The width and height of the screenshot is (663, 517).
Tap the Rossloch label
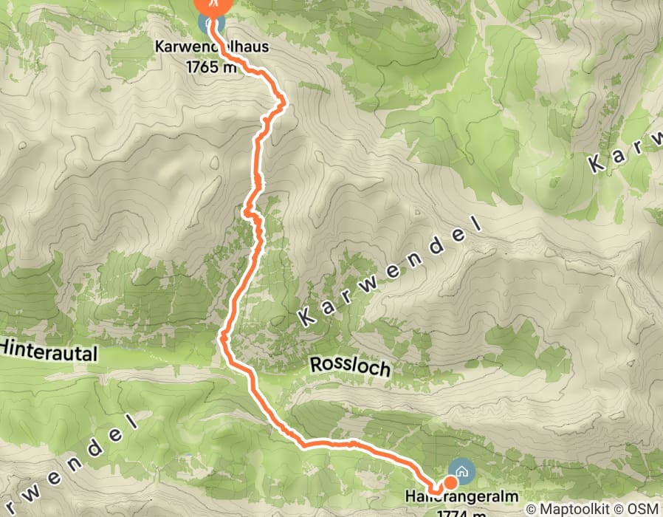(x=350, y=366)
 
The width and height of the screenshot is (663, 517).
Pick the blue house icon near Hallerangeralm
(x=462, y=470)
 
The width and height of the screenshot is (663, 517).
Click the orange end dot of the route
(x=450, y=481)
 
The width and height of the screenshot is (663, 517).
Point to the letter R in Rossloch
(x=316, y=363)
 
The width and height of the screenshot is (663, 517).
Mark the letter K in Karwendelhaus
(x=159, y=47)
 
